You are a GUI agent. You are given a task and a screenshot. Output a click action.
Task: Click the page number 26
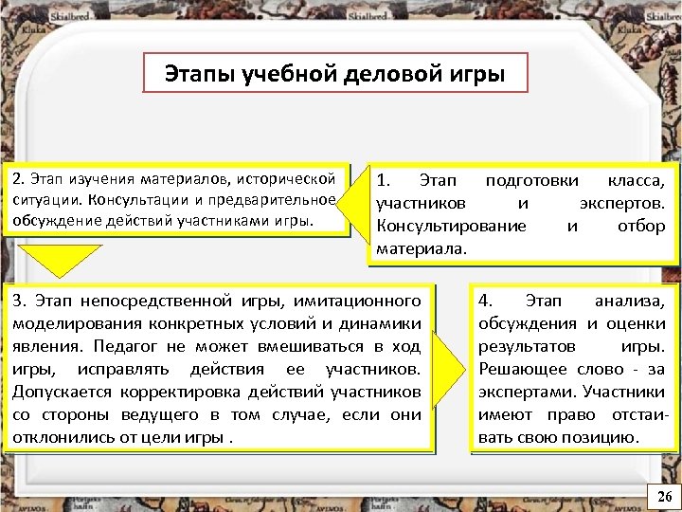pos(664,497)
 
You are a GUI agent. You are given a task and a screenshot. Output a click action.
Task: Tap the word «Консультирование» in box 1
pos(451,226)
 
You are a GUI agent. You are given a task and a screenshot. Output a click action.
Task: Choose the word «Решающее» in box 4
pos(523,369)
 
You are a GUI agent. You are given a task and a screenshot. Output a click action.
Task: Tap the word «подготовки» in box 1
pos(525,180)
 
